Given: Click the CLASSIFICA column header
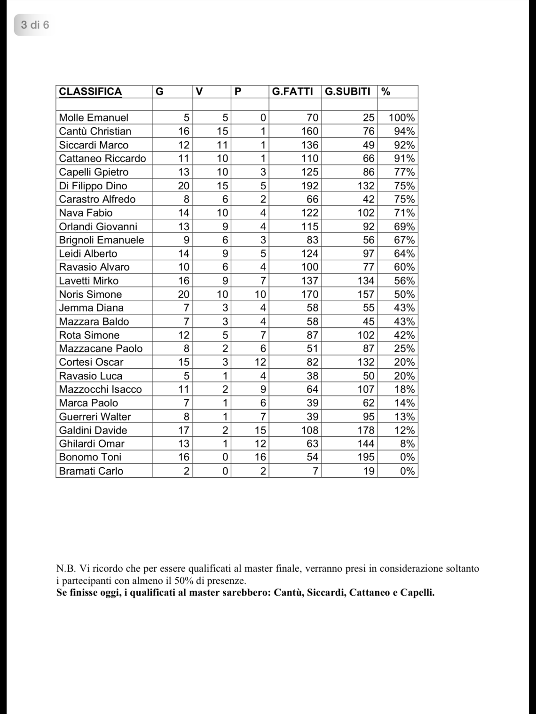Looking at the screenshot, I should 90,92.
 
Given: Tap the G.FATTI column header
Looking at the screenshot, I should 292,92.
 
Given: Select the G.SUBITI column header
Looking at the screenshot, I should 347,92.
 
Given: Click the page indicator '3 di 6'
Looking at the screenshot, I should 35,24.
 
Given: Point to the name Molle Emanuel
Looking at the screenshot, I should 94,117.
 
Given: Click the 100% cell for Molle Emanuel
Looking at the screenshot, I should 402,117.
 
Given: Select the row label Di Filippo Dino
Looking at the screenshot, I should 93,186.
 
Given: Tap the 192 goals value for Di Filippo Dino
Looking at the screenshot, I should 310,186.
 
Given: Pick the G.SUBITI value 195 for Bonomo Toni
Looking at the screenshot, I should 366,457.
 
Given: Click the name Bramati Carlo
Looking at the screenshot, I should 91,471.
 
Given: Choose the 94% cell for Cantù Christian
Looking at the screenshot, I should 404,131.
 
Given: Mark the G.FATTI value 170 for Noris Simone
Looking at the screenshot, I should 310,295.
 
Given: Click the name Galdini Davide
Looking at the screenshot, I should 93,430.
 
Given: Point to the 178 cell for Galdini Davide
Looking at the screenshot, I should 366,430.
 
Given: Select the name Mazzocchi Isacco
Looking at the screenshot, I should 100,389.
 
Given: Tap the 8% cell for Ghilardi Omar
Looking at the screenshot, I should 407,443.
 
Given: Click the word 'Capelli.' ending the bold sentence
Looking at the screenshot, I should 417,592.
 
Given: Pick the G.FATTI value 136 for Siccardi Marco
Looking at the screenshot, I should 310,145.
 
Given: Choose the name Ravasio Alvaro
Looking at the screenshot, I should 94,267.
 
